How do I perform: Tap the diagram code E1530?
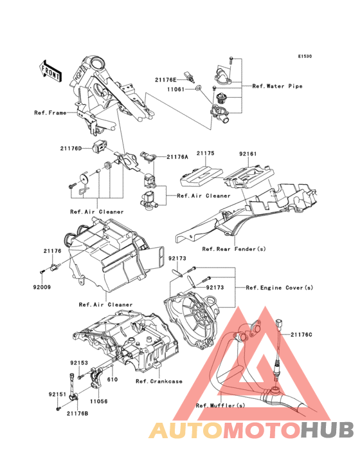pyautogui.click(x=305, y=56)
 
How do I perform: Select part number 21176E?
pyautogui.click(x=166, y=80)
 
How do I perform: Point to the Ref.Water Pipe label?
pyautogui.click(x=277, y=86)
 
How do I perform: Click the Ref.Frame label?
pyautogui.click(x=50, y=113)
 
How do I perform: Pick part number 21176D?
pyautogui.click(x=71, y=149)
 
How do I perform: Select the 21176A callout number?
pyautogui.click(x=177, y=157)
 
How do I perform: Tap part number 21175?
pyautogui.click(x=206, y=153)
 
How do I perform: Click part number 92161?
pyautogui.click(x=248, y=154)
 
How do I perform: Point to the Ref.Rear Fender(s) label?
pyautogui.click(x=234, y=249)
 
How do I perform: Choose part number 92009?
pyautogui.click(x=42, y=287)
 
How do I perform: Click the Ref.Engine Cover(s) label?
pyautogui.click(x=279, y=288)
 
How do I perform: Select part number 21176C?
pyautogui.click(x=301, y=335)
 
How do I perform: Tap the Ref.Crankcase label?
pyautogui.click(x=159, y=382)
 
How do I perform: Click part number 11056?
pyautogui.click(x=99, y=402)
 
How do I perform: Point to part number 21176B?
pyautogui.click(x=77, y=414)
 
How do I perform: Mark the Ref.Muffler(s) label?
pyautogui.click(x=221, y=405)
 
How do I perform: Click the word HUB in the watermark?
pyautogui.click(x=328, y=430)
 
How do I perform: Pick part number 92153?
pyautogui.click(x=79, y=363)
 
